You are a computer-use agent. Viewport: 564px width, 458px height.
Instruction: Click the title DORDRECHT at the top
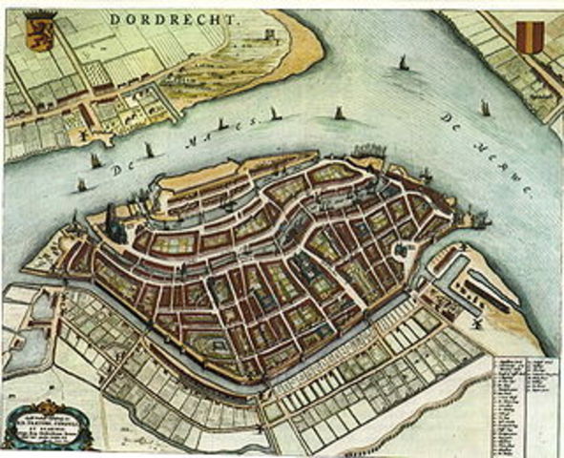tap(190, 17)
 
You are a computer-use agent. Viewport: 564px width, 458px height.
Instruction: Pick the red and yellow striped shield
tap(531, 35)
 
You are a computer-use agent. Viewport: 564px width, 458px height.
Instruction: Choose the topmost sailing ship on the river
tap(402, 64)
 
